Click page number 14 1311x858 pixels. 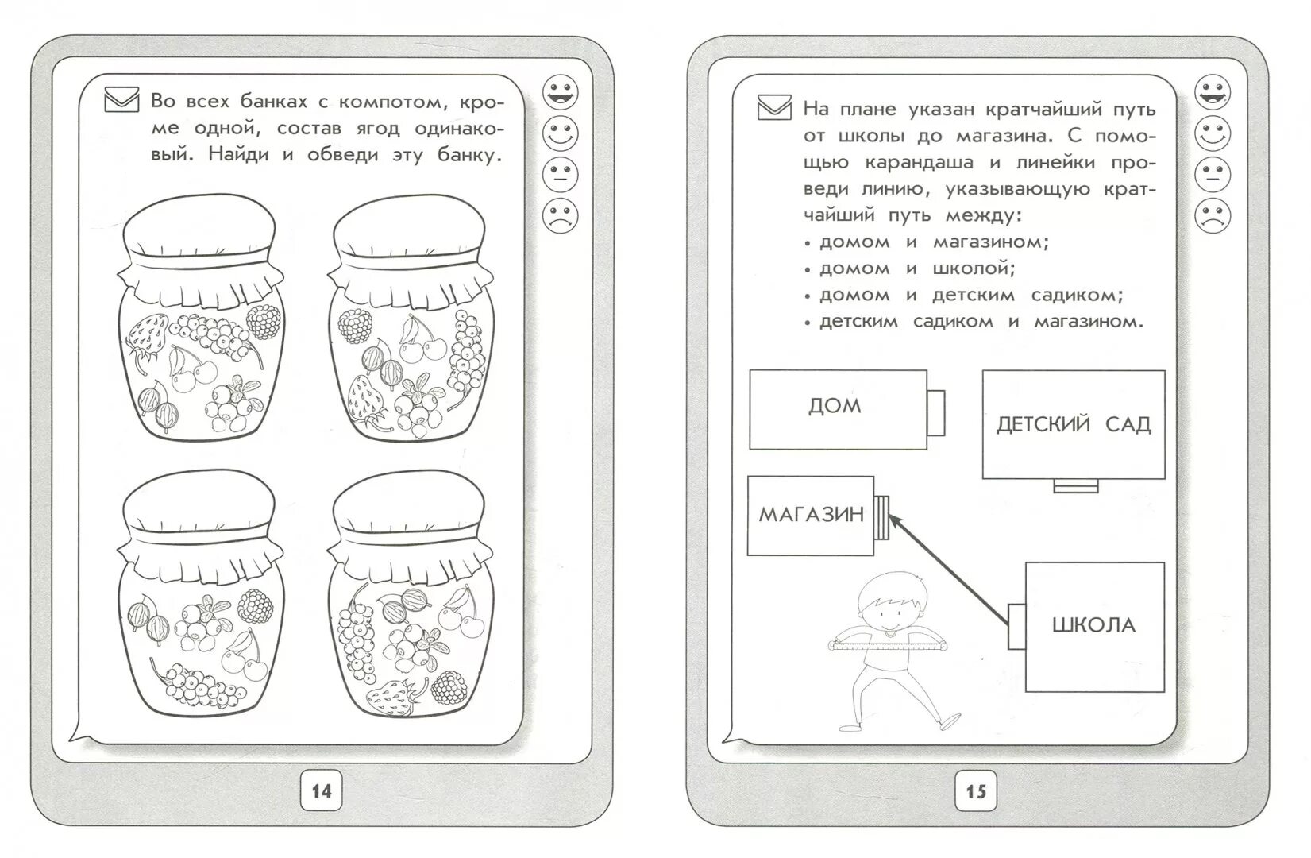pos(321,791)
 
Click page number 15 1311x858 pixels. pos(975,791)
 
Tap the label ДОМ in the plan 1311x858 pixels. pos(835,407)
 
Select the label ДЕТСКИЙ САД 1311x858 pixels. pos(1073,424)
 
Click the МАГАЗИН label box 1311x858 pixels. pos(811,515)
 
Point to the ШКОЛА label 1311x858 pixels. pos(1093,625)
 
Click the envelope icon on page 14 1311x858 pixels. pos(121,101)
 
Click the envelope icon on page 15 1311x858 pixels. pos(774,106)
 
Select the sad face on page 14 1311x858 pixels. pos(561,215)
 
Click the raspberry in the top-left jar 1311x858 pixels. pos(262,323)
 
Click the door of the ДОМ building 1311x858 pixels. pos(935,412)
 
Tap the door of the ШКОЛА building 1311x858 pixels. pos(1016,625)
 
